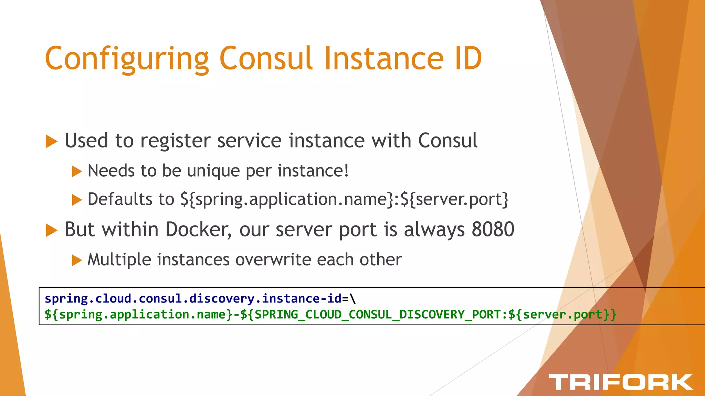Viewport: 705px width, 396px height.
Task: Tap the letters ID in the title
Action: point(468,58)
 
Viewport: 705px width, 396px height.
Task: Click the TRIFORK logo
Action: point(620,382)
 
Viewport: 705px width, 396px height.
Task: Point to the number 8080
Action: point(493,229)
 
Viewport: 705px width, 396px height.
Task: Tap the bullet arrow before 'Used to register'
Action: point(51,141)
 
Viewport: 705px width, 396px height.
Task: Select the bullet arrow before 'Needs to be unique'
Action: point(77,171)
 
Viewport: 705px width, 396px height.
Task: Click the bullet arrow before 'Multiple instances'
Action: point(77,260)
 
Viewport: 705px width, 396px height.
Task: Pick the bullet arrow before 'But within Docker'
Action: point(51,230)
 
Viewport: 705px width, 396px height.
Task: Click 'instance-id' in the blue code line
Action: point(302,298)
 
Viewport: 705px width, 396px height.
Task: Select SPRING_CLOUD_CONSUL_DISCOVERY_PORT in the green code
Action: point(377,315)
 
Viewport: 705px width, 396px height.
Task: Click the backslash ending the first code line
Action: point(353,298)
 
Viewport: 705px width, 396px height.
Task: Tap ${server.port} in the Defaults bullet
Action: point(454,199)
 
